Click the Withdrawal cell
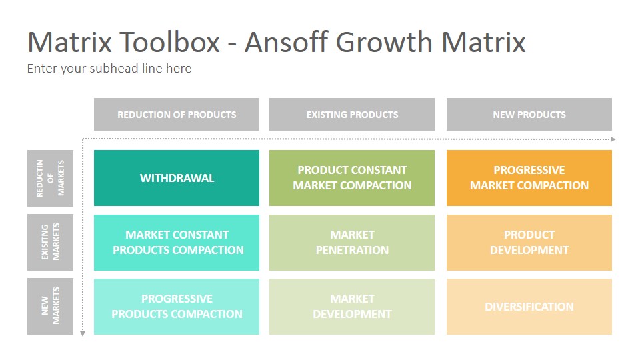176,178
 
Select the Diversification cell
529,307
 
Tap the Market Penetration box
352,243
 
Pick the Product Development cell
529,243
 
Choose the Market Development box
352,307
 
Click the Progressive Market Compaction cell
529,178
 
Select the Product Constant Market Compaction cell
352,178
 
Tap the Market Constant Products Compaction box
176,243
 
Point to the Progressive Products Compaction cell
176,307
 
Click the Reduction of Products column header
176,114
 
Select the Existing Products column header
352,114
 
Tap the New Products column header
529,114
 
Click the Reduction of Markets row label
50,178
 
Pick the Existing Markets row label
50,242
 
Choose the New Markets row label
50,306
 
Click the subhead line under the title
109,68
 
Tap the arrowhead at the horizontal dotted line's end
613,139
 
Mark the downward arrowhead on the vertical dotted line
83,334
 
